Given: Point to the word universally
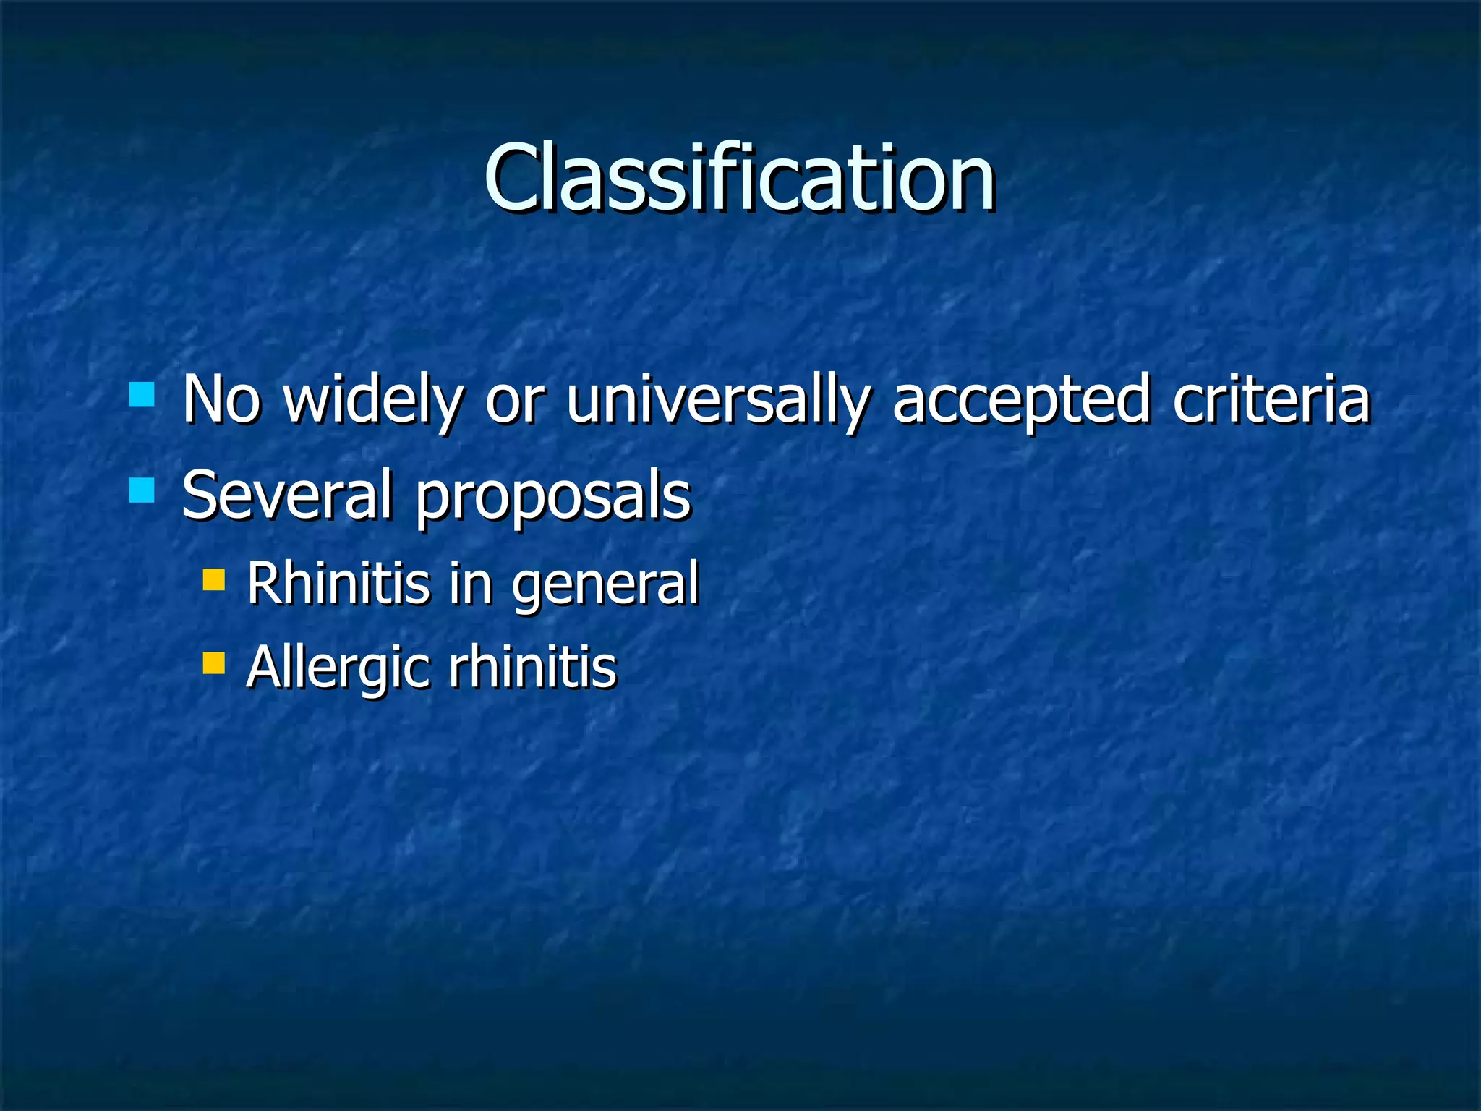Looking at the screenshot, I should (x=717, y=400).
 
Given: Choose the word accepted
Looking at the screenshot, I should (x=1020, y=400).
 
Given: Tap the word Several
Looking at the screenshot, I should (x=286, y=495).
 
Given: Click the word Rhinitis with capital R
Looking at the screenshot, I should (x=338, y=583).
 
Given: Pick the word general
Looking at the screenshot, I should (x=605, y=586).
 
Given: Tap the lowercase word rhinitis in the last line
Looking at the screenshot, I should (x=532, y=667).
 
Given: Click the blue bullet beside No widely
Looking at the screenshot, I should (x=142, y=395).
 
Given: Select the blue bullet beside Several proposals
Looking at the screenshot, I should (x=142, y=490).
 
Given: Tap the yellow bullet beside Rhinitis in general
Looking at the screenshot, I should (x=214, y=580).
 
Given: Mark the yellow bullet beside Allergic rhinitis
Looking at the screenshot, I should (x=214, y=663).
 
